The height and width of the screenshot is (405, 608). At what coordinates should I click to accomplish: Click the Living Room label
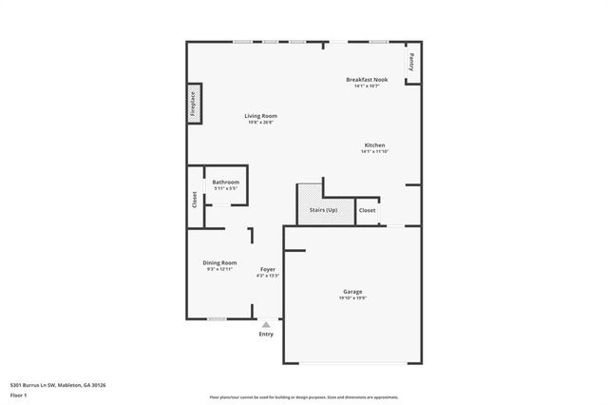[x=262, y=116]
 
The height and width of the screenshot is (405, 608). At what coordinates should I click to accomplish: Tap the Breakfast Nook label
[x=367, y=80]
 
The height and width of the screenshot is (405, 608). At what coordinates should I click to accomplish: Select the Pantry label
[x=411, y=62]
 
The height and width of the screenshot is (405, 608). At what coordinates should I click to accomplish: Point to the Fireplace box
[x=193, y=105]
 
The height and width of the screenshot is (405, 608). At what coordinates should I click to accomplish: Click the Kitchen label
[x=373, y=145]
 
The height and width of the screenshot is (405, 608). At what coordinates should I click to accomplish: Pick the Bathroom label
[x=225, y=182]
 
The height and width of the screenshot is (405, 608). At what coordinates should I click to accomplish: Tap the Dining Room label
[x=219, y=262]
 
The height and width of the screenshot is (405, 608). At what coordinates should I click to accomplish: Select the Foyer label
[x=267, y=270]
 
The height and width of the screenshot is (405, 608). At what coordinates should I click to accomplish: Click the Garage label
[x=352, y=291]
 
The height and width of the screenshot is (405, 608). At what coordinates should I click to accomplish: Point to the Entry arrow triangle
[x=266, y=324]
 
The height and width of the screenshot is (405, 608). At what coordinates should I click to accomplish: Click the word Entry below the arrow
[x=266, y=334]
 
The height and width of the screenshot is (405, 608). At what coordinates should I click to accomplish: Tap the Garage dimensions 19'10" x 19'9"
[x=352, y=298]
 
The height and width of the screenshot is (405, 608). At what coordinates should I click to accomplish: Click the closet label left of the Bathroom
[x=195, y=199]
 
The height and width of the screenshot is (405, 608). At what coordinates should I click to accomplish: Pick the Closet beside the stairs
[x=367, y=209]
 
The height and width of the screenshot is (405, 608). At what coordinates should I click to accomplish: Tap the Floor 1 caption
[x=19, y=395]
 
